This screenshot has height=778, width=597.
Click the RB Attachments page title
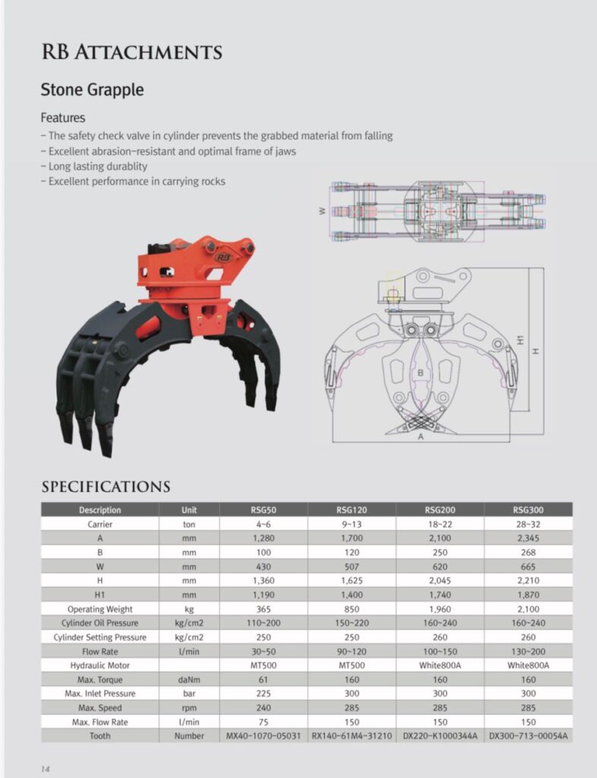(x=131, y=52)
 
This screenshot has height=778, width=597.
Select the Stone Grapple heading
(x=92, y=90)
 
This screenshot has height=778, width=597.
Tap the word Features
(x=62, y=118)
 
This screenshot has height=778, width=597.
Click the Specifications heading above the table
(x=106, y=486)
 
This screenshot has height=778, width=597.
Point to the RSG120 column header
(x=352, y=510)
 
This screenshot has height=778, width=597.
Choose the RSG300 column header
(x=528, y=510)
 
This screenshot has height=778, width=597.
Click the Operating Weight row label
(x=99, y=609)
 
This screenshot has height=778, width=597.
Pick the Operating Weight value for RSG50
(x=263, y=609)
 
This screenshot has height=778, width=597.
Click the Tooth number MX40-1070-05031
(x=263, y=735)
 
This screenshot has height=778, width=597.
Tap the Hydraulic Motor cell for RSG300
(x=528, y=665)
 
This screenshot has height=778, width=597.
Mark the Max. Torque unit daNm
(x=189, y=679)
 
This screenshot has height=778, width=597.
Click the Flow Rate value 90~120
(x=352, y=651)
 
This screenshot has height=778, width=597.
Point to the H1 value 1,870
(x=528, y=595)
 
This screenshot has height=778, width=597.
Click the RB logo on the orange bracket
(x=223, y=258)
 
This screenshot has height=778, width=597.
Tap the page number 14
(x=46, y=769)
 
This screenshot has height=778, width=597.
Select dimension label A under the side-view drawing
(x=421, y=438)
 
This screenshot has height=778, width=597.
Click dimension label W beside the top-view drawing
(x=322, y=210)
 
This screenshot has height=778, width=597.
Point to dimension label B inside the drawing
(x=420, y=373)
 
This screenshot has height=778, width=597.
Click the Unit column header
(x=189, y=510)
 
